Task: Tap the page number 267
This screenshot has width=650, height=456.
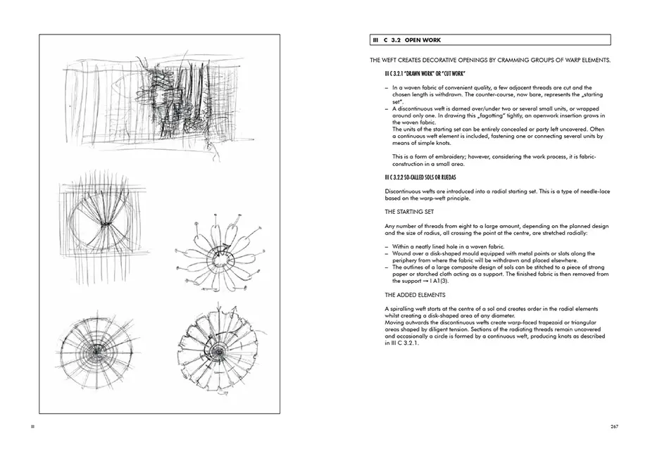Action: [614, 426]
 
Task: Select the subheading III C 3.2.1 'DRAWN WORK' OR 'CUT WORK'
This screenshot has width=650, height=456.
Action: [420, 74]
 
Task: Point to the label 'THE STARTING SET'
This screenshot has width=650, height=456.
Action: [409, 211]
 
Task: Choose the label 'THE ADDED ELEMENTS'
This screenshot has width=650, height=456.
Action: [414, 294]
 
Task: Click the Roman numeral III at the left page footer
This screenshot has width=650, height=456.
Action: [29, 426]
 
